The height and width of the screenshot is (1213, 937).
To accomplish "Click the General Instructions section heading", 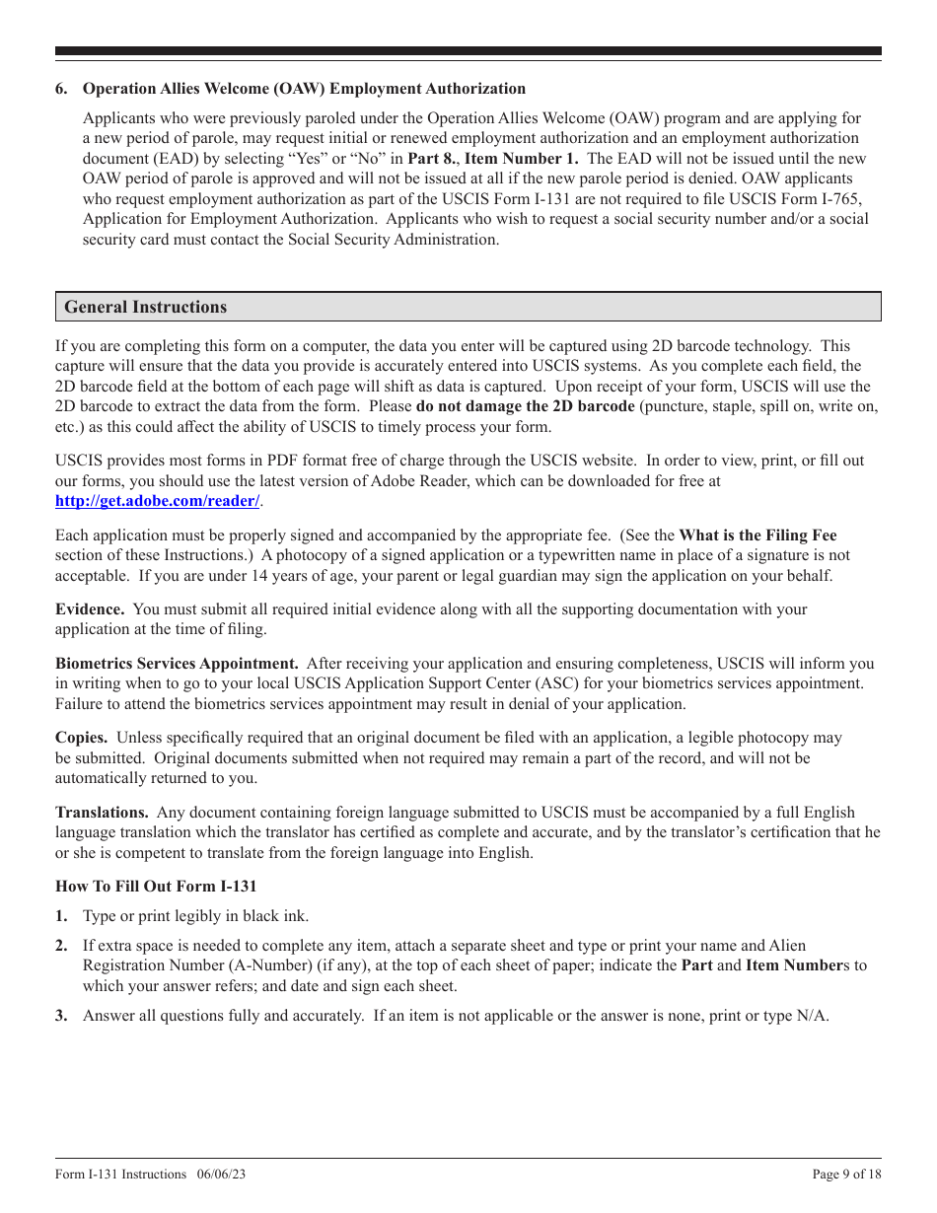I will [x=145, y=307].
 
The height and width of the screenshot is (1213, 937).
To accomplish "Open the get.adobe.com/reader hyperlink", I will [x=158, y=501].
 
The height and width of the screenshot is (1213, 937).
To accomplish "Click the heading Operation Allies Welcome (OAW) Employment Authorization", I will [x=304, y=89].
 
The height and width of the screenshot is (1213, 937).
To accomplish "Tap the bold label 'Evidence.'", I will [x=90, y=609].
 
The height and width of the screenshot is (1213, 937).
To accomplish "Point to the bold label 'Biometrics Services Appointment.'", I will [x=177, y=664].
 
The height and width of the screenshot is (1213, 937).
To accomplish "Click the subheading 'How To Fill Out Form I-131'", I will [x=156, y=887].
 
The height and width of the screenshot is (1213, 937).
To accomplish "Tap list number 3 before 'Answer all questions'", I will [x=61, y=1016].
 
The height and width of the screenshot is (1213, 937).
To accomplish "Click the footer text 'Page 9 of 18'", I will [x=846, y=1175].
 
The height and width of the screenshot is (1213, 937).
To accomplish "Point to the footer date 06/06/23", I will [x=221, y=1175].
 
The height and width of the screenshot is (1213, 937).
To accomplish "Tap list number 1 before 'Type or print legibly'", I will [x=61, y=916].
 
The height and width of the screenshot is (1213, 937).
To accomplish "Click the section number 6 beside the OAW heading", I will [x=61, y=89].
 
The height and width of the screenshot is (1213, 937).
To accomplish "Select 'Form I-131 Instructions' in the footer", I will [x=120, y=1175].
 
